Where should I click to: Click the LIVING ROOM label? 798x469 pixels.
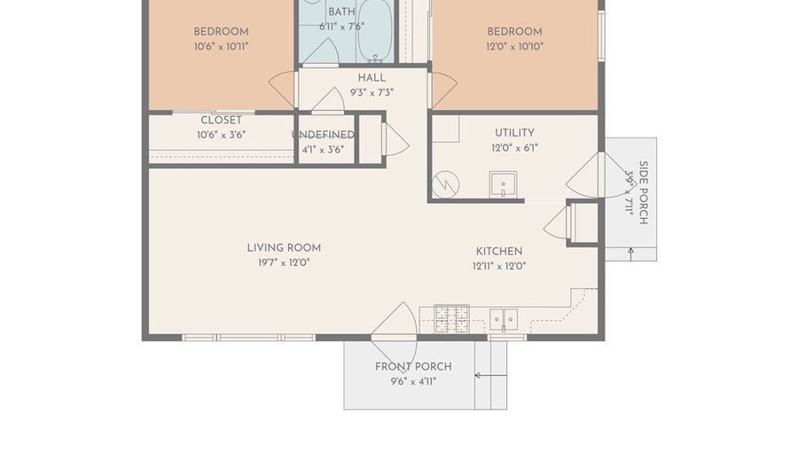(284, 247)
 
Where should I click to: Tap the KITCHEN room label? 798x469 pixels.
(498, 251)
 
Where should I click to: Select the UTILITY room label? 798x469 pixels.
(514, 133)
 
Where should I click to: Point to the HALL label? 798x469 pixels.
(372, 78)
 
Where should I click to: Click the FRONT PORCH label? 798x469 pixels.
(413, 366)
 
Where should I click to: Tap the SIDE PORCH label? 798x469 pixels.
(644, 192)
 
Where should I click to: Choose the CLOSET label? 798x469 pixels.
(221, 120)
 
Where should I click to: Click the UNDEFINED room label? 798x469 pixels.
(323, 135)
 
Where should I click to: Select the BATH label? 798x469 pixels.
(341, 12)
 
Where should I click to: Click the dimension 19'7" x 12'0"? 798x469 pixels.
(284, 262)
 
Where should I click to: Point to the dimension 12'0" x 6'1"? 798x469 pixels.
(514, 148)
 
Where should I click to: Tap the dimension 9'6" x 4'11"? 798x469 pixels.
(413, 381)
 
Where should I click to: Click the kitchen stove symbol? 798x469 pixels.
(451, 318)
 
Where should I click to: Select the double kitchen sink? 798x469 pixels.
(504, 320)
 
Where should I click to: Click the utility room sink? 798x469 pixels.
(503, 184)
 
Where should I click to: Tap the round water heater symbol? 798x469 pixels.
(445, 184)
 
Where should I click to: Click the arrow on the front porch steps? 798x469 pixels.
(490, 375)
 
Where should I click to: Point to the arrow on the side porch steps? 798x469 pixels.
(631, 254)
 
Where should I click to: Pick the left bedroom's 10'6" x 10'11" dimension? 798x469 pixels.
(221, 46)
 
